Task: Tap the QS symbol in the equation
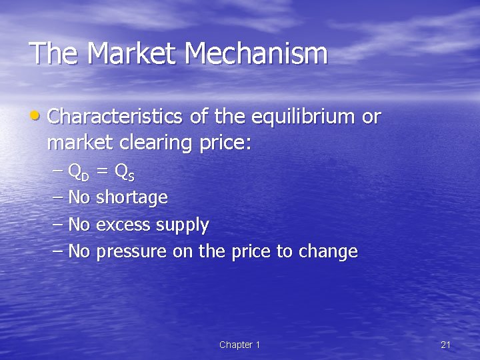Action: (x=125, y=173)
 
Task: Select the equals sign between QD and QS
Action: (x=103, y=172)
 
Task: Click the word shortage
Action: (x=132, y=198)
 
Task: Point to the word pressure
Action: (x=131, y=252)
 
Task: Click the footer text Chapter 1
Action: (x=239, y=345)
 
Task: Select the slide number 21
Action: (x=446, y=345)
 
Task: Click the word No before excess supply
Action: (x=79, y=225)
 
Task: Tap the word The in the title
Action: (x=53, y=54)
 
